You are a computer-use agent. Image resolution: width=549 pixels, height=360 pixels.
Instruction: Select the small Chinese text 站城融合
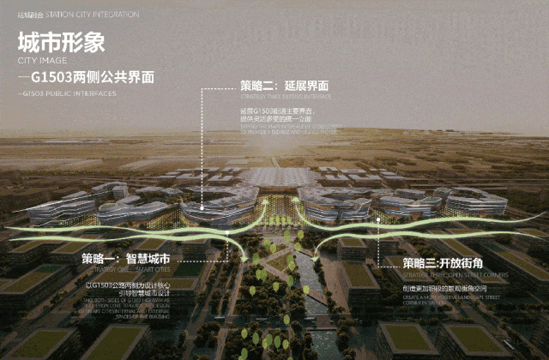32,15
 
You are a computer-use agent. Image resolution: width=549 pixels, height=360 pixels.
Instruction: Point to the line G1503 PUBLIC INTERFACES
67,91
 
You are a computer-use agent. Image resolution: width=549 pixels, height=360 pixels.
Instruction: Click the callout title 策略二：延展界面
284,86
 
